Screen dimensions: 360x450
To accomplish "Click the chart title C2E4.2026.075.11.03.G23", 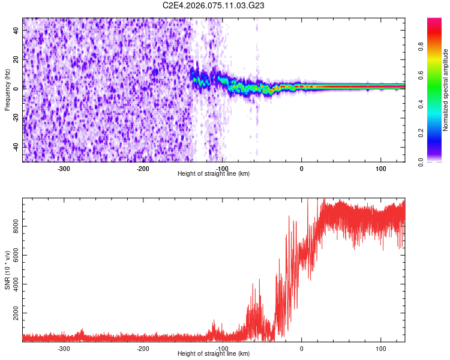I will pos(214,5).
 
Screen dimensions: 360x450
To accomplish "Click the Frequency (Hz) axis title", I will pos(7,90).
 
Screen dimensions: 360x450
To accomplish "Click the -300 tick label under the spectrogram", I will pos(64,169).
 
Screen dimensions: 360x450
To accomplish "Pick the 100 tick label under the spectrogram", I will pos(380,169).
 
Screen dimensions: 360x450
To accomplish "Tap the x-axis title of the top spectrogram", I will pos(214,173).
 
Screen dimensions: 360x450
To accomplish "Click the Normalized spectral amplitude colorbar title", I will pos(446,90).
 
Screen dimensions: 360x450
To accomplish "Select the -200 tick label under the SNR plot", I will pos(143,349).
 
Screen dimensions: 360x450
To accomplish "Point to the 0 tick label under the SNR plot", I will pos(301,349).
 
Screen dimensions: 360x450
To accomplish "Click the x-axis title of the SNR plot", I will pos(214,353).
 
